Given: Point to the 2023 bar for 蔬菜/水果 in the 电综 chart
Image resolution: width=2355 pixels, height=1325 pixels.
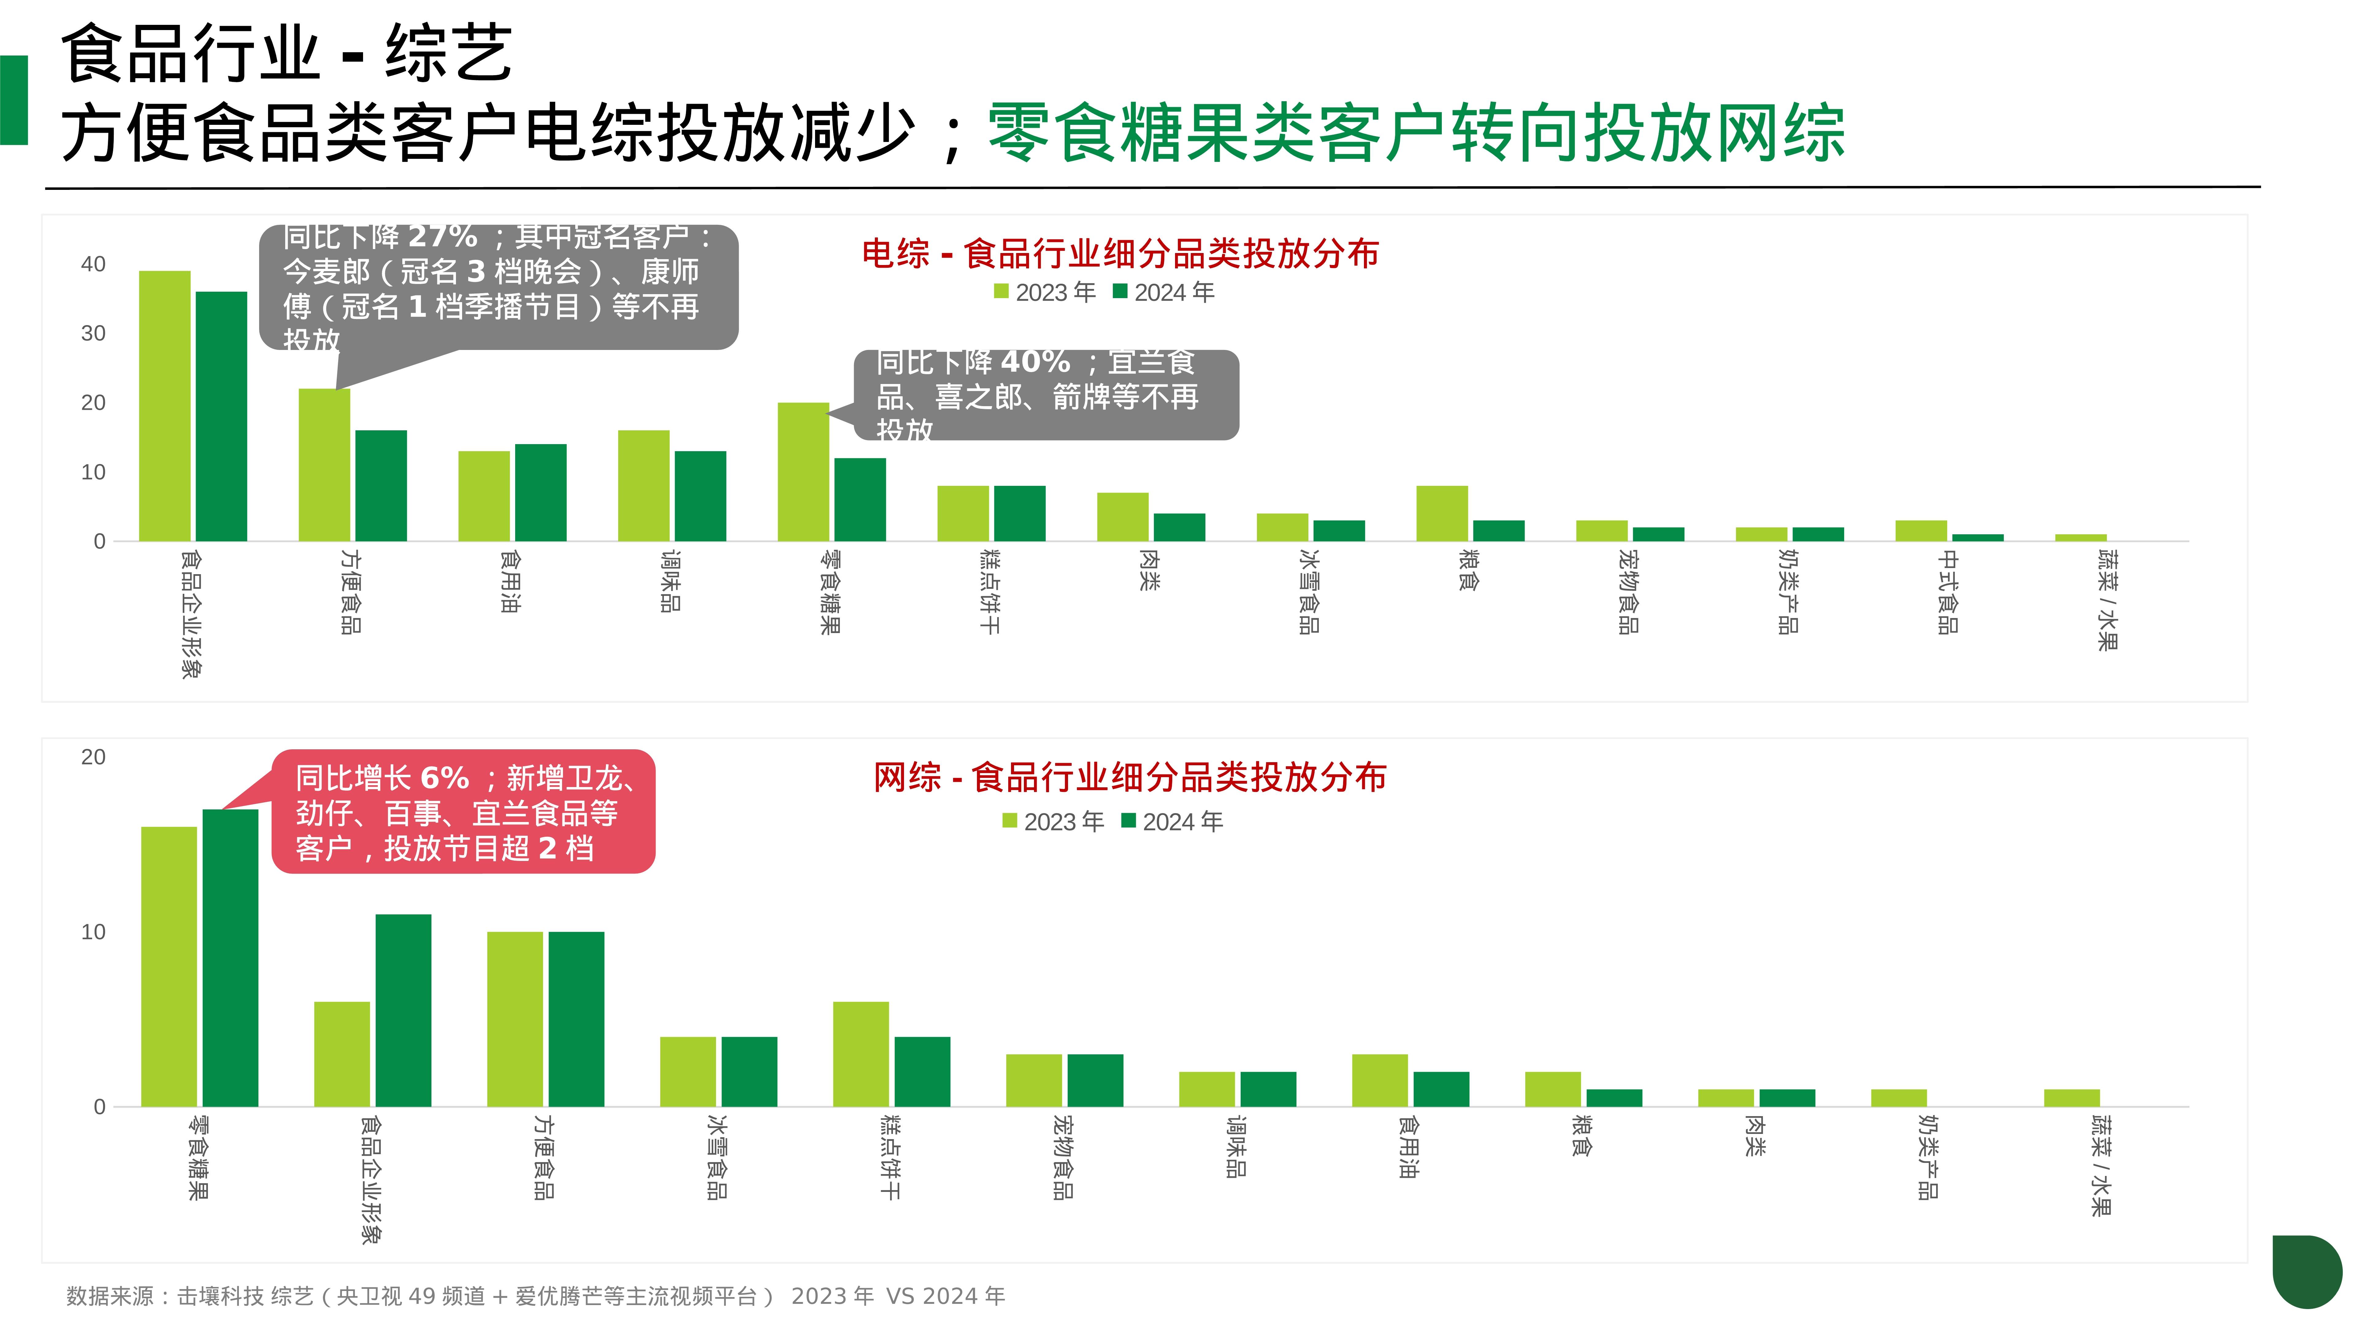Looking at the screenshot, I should click(2081, 538).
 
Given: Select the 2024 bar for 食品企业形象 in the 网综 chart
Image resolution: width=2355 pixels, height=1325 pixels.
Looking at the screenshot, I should click(403, 1010).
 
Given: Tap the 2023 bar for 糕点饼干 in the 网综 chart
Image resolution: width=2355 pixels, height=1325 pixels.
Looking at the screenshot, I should click(860, 1054).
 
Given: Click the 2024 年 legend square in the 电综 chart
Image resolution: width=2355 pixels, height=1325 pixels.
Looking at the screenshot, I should click(1120, 292).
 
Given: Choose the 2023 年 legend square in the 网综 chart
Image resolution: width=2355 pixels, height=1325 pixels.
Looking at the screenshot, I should click(1009, 821).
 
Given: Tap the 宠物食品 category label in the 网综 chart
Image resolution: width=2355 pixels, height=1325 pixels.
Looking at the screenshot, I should click(1062, 1157).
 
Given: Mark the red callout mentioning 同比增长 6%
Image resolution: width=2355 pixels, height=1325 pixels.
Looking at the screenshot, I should click(464, 812).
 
